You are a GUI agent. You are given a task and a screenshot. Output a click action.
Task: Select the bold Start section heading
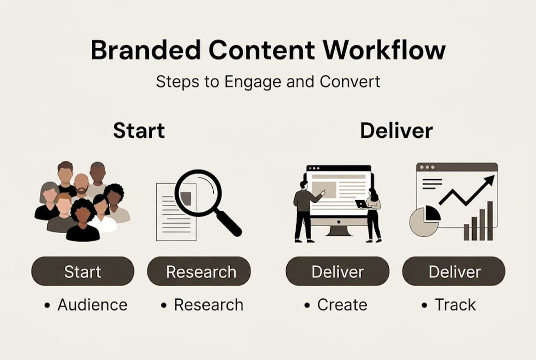point(139,130)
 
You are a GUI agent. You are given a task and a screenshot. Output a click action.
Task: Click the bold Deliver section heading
point(396,130)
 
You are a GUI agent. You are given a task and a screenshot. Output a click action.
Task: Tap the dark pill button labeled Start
point(82,271)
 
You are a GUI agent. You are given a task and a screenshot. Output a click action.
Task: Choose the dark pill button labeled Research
point(201,271)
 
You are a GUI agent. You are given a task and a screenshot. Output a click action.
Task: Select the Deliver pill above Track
point(454,271)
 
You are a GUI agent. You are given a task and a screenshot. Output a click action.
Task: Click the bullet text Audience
point(92,304)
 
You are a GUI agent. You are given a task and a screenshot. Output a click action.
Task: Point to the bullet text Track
point(455,304)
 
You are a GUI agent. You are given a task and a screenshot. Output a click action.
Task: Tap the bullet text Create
point(342,304)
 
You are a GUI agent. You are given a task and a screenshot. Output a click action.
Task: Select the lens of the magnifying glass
point(198,193)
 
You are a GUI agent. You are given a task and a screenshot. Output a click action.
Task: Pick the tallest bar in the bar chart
point(490,220)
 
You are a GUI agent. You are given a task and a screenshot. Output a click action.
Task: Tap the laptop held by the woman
point(361,203)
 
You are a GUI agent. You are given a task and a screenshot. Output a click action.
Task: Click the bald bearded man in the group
point(81,184)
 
